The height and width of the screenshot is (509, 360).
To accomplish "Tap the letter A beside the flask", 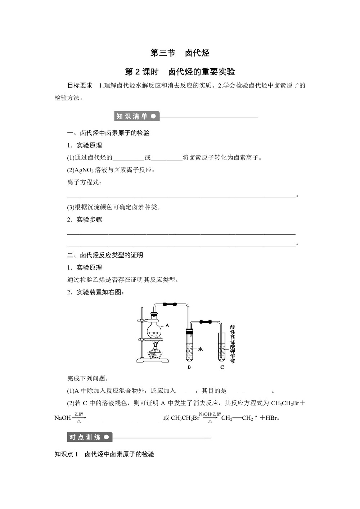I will [x=167, y=325].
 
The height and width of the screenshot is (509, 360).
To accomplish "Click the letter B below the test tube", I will [x=189, y=367].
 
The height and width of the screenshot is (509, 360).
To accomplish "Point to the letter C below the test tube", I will [x=222, y=367].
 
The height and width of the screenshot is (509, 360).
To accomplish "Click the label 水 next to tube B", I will [x=201, y=349].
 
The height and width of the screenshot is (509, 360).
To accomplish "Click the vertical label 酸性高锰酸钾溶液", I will [x=233, y=344].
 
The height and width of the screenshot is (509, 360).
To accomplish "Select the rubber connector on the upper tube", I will [x=170, y=304].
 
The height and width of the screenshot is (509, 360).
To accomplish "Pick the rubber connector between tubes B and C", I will [x=206, y=322].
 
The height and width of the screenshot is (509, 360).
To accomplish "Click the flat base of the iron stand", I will [x=153, y=361].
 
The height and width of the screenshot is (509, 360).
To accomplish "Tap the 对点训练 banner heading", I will [x=85, y=437].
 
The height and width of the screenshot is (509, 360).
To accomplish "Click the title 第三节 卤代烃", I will [x=180, y=53].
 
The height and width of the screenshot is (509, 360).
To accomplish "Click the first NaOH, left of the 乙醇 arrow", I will [x=63, y=418].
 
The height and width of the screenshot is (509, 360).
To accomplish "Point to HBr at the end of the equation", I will [x=272, y=418].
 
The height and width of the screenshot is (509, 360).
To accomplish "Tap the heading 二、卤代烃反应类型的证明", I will [x=105, y=255].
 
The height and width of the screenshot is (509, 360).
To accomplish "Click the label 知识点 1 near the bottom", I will [x=66, y=454].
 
